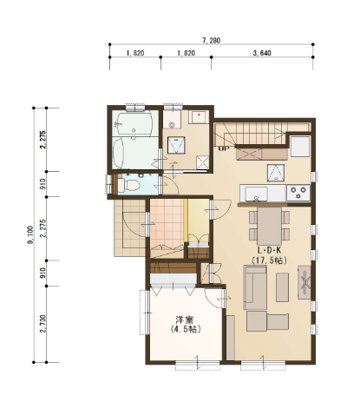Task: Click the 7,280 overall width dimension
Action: tap(211, 41)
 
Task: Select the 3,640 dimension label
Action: tap(262, 53)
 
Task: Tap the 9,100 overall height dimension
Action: tap(30, 234)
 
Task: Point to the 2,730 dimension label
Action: tap(43, 324)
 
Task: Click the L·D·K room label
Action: tap(269, 250)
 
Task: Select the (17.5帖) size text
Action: tap(269, 260)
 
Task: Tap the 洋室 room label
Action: tap(185, 319)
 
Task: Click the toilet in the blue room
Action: tap(129, 185)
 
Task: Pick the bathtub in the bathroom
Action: tap(135, 124)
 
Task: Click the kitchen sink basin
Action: tap(256, 194)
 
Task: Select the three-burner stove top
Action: tap(298, 193)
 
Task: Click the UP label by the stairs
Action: tap(223, 148)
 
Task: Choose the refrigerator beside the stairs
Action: tap(300, 147)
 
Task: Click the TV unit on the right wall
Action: tap(304, 282)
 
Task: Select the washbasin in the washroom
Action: tap(199, 117)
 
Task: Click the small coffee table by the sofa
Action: tap(282, 287)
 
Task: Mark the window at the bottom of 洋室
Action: tap(198, 365)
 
